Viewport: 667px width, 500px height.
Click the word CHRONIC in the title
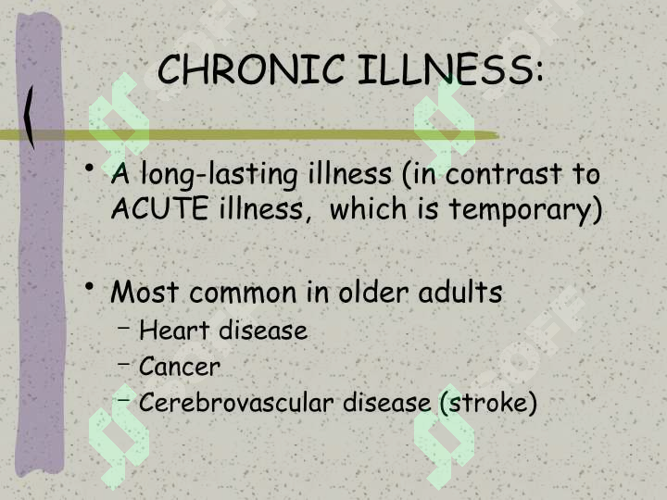(250, 69)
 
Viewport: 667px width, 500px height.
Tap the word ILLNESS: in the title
(450, 69)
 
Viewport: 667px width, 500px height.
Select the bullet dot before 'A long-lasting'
(89, 167)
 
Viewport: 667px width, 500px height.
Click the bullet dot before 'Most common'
(89, 286)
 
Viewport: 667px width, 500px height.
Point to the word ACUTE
(159, 208)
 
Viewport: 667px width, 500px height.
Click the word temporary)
(526, 210)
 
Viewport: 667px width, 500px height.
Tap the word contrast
(503, 174)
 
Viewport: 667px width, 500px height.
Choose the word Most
(145, 292)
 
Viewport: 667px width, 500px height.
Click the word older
(374, 292)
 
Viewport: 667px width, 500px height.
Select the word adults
(460, 292)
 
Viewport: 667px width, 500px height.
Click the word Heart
(174, 330)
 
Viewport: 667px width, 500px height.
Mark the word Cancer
(180, 366)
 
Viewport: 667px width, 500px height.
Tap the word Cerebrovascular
(236, 402)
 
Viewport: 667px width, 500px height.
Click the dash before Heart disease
(124, 328)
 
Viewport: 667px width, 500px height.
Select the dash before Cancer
(124, 364)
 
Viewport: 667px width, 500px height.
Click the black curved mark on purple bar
(29, 118)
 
